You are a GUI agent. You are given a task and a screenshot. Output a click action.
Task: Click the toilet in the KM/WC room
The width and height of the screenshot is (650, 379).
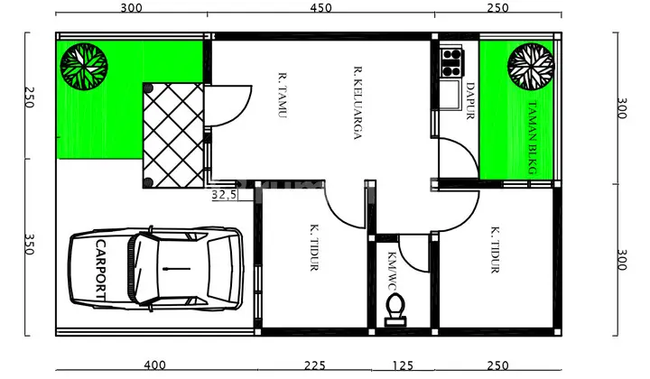click(x=395, y=310)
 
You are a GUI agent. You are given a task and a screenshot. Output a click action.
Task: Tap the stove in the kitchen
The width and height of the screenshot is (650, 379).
click(x=451, y=62)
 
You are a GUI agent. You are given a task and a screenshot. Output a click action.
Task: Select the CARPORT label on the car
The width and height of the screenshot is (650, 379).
click(x=101, y=270)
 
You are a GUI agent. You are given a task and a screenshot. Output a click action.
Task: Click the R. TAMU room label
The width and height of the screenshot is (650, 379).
click(x=283, y=96)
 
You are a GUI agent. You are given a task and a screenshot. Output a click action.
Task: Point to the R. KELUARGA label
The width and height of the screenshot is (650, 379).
click(x=357, y=103)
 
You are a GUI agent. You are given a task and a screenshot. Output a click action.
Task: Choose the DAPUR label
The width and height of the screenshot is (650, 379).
click(x=470, y=101)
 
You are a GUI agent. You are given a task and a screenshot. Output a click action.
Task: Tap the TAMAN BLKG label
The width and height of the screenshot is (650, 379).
click(x=533, y=138)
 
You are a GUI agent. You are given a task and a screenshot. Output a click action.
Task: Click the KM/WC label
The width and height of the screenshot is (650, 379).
click(x=392, y=271)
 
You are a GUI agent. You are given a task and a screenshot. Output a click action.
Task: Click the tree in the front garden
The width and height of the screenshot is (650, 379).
click(x=84, y=66)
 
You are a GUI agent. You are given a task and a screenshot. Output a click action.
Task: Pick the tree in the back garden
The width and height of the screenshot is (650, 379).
click(x=531, y=66)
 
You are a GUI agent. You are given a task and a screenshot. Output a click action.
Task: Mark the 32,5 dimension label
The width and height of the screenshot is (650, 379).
click(x=224, y=195)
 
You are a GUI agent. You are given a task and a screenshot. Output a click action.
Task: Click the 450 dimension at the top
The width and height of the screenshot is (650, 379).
click(x=320, y=8)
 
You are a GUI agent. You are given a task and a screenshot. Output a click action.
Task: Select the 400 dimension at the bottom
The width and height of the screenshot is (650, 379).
click(x=154, y=365)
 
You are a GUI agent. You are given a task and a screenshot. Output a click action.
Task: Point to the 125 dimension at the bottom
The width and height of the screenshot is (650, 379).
click(x=403, y=365)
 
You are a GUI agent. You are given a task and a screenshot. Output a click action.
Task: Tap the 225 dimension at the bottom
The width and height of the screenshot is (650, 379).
click(x=315, y=365)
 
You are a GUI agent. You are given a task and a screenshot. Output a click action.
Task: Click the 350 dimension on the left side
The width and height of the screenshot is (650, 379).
click(x=29, y=245)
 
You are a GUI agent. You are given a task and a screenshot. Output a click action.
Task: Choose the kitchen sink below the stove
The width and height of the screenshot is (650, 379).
click(x=451, y=95)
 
